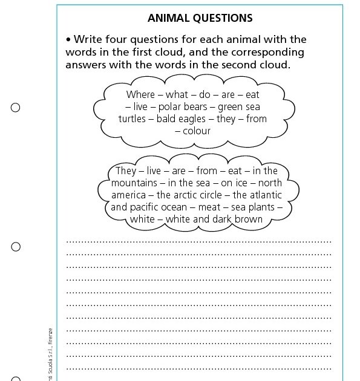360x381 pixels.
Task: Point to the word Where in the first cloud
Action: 140,94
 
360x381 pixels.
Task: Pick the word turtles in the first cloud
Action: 132,119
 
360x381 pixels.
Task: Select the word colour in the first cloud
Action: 197,131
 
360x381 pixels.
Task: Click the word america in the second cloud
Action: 128,195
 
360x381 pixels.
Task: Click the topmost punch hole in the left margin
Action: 16,108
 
